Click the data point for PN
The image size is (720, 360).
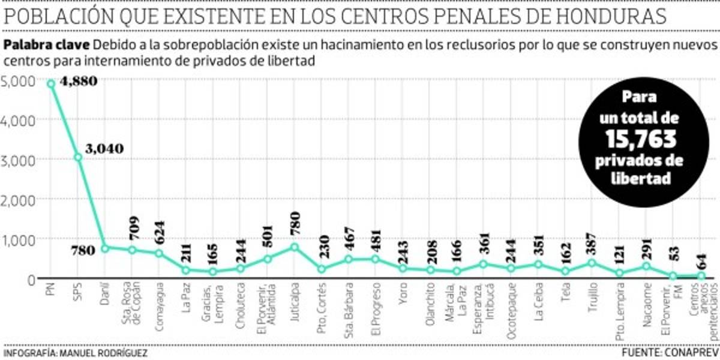pyautogui.click(x=51, y=83)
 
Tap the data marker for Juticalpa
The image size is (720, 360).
pyautogui.click(x=294, y=247)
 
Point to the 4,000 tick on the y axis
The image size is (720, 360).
pyautogui.click(x=19, y=120)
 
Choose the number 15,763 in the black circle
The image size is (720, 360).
pyautogui.click(x=641, y=140)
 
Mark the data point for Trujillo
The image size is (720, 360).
pyautogui.click(x=592, y=263)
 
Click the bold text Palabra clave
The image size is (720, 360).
pyautogui.click(x=47, y=45)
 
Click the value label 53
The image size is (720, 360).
pyautogui.click(x=673, y=260)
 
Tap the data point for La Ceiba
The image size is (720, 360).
pyautogui.click(x=538, y=265)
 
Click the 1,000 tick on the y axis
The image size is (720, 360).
pyautogui.click(x=19, y=239)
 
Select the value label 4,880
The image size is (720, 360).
pyautogui.click(x=79, y=81)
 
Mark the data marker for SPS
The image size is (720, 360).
pyautogui.click(x=78, y=157)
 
